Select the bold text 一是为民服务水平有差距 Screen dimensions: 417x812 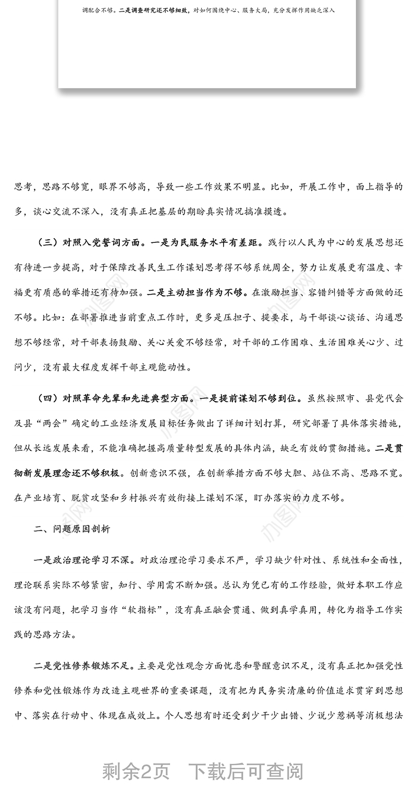208,243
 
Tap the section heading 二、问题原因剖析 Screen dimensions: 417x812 72,529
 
